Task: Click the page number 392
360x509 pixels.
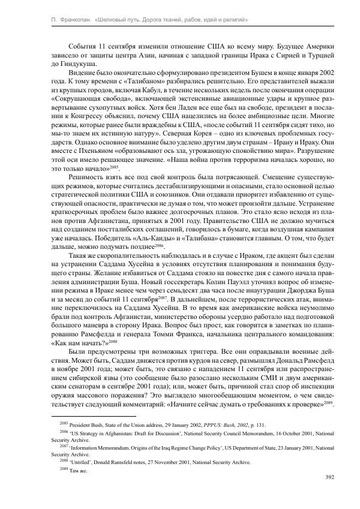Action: (329, 477)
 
